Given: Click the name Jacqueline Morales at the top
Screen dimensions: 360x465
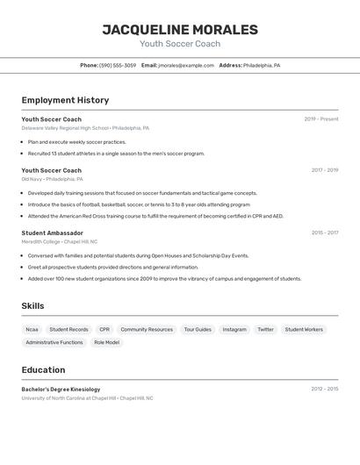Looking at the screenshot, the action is click(x=180, y=30).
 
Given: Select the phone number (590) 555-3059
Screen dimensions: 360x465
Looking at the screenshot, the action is click(x=118, y=65).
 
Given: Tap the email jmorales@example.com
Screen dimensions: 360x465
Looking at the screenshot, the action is click(x=186, y=65).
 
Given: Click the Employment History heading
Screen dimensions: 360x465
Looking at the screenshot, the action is click(x=65, y=100).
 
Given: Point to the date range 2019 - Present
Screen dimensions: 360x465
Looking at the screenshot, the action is click(x=320, y=119).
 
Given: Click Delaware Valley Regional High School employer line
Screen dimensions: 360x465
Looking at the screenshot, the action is click(x=85, y=128).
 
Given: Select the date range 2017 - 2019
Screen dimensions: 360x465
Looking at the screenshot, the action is click(x=324, y=170).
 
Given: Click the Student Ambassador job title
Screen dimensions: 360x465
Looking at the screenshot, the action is click(x=52, y=233).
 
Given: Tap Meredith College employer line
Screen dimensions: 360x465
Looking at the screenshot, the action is click(x=60, y=241).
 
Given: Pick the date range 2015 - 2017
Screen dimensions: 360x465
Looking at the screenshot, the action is click(x=324, y=233).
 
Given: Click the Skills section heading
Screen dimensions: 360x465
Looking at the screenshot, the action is click(x=33, y=305).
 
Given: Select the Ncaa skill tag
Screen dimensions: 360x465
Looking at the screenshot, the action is click(x=32, y=330).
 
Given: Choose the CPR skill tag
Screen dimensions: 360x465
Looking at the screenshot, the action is click(x=104, y=330).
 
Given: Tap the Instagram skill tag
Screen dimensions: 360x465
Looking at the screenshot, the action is click(x=234, y=330).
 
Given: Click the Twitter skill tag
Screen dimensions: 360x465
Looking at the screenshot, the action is click(x=265, y=330).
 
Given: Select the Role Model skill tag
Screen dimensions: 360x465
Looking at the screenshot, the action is click(x=106, y=342).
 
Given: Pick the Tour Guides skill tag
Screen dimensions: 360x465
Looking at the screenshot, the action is click(x=198, y=330).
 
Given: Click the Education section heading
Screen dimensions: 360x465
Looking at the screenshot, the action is click(x=43, y=369).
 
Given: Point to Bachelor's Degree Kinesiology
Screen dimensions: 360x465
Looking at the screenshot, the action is click(x=61, y=389).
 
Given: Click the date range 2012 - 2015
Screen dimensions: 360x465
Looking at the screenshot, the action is click(x=324, y=389).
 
